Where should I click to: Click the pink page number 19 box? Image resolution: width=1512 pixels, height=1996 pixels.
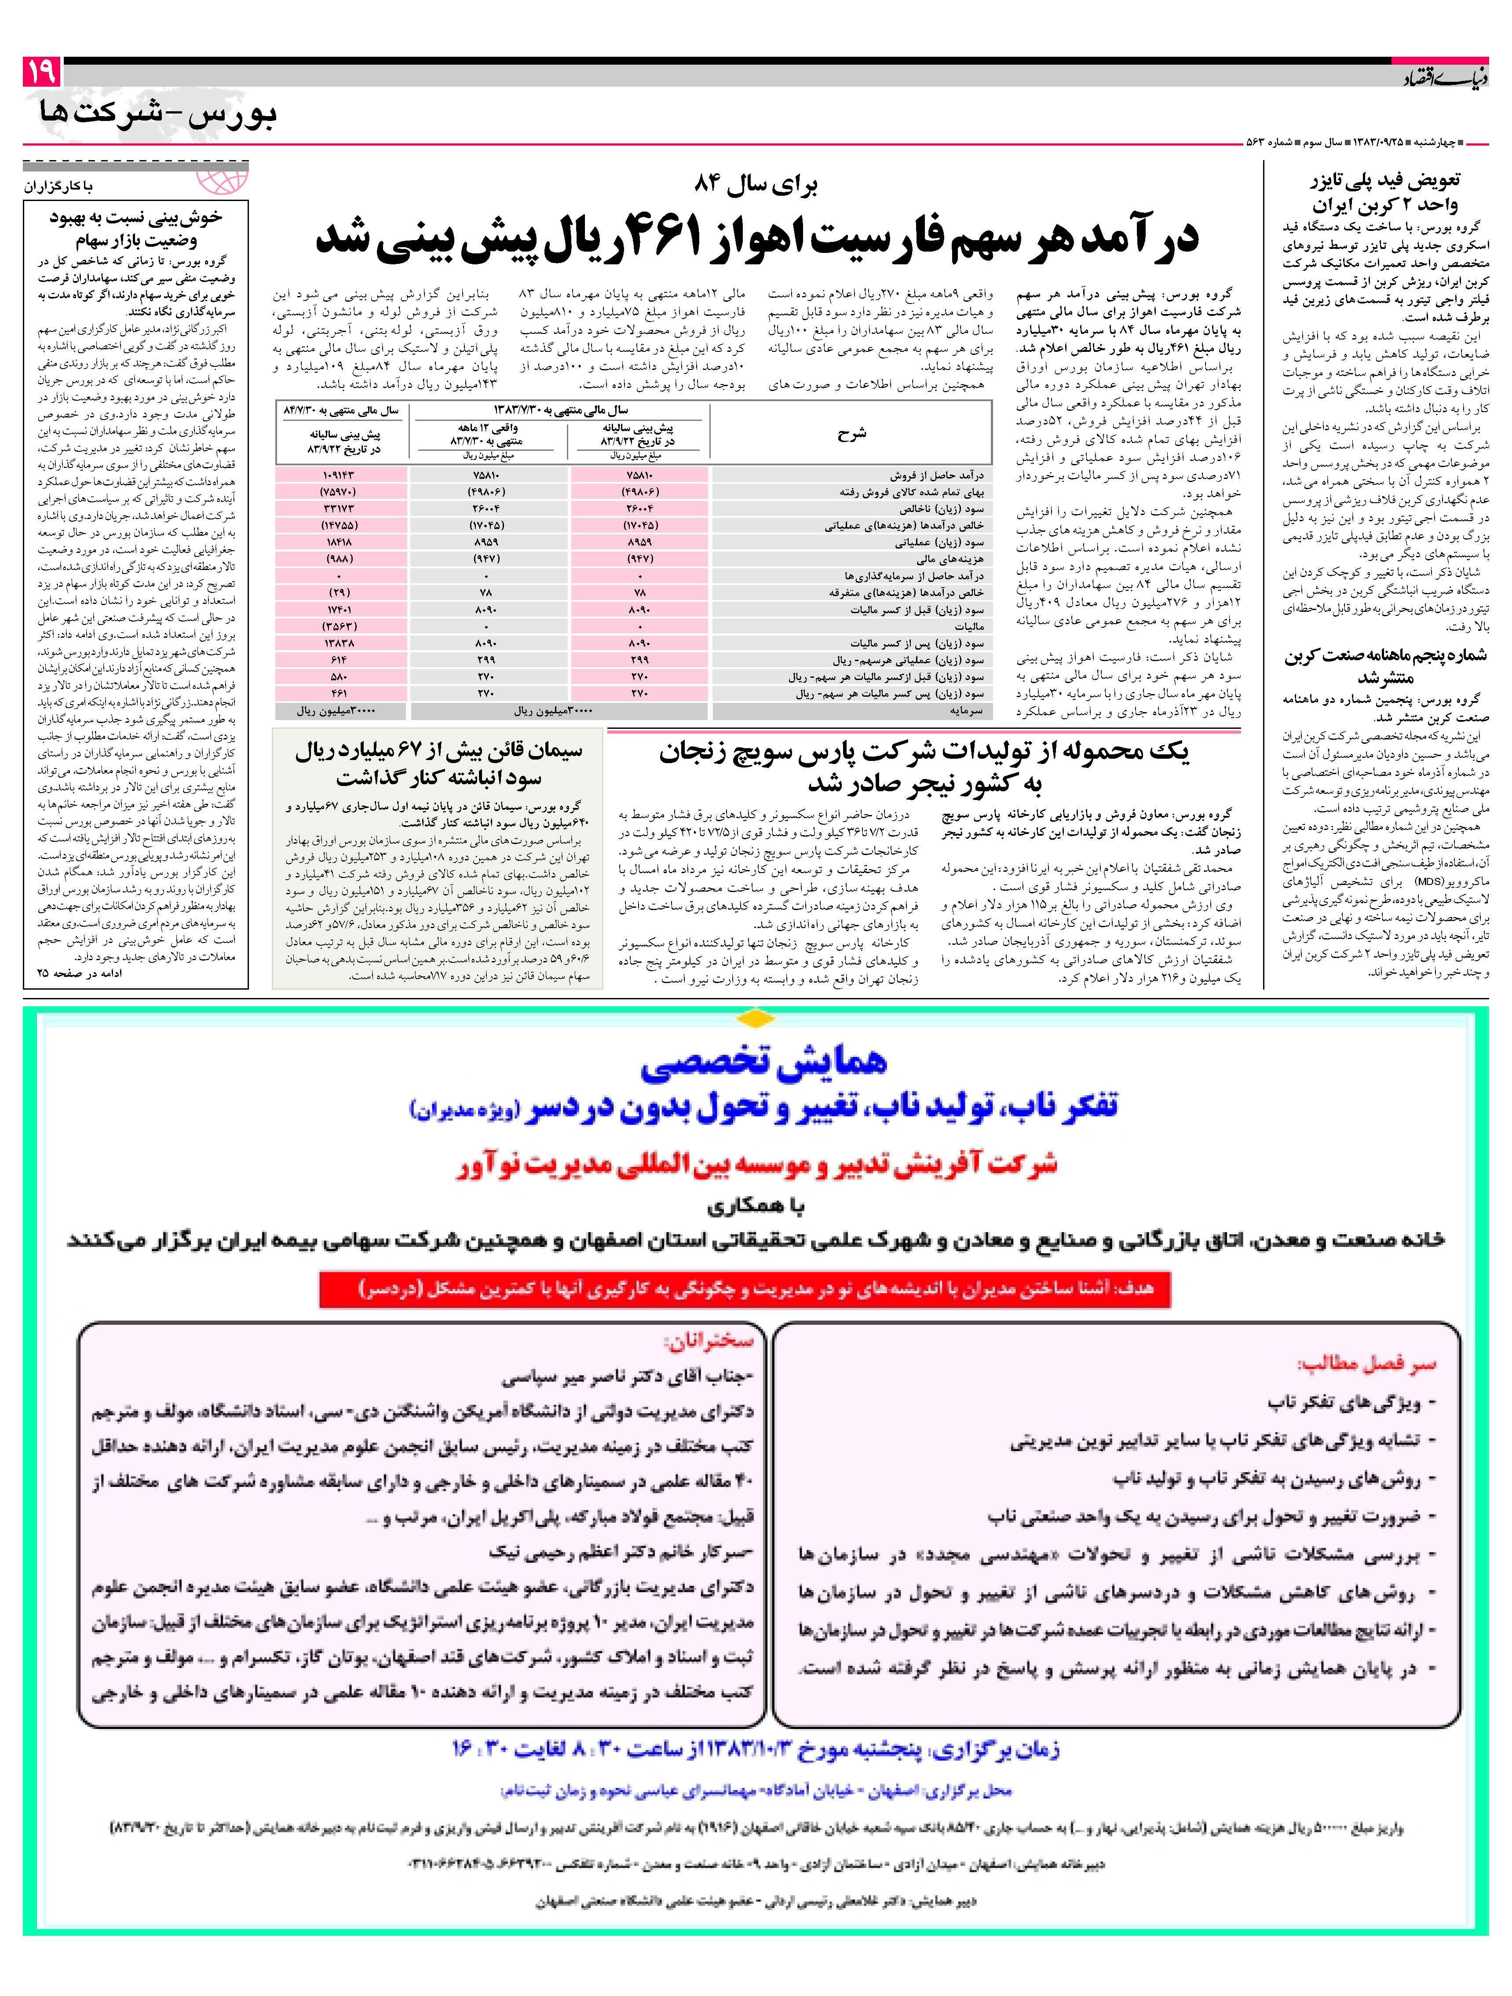40,71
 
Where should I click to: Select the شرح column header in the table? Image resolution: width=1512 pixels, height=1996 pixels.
851,434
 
